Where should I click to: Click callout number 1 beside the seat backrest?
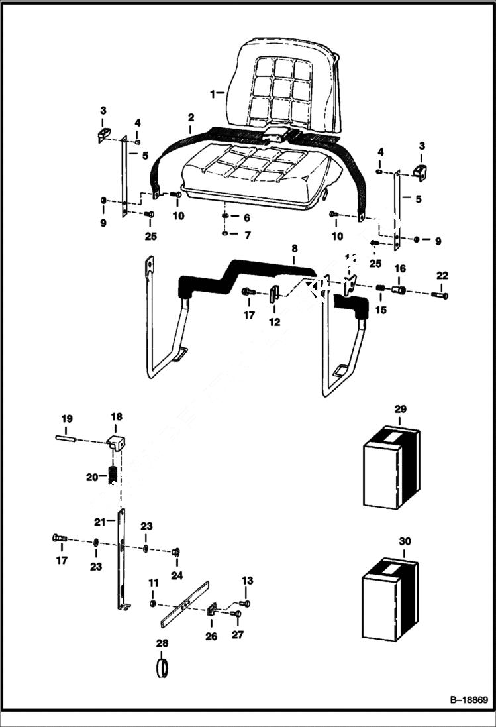[x=213, y=94]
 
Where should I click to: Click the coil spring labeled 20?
[x=113, y=476]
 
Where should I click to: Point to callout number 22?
[x=442, y=276]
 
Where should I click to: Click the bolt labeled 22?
[x=442, y=295]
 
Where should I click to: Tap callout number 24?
[x=175, y=576]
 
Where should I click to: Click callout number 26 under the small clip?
[x=211, y=636]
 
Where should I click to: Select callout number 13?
[x=247, y=581]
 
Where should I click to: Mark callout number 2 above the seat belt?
[x=191, y=117]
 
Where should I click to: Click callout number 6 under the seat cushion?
[x=247, y=217]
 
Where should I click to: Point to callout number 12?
[x=274, y=322]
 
